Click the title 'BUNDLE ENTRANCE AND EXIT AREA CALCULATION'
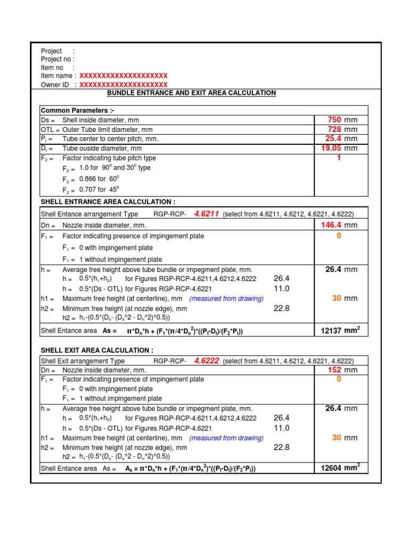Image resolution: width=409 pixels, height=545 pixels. click(x=191, y=93)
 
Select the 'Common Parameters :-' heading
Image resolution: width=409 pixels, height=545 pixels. click(x=78, y=110)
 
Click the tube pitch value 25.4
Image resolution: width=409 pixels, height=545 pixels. click(x=332, y=139)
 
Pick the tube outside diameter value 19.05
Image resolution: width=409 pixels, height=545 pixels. click(x=330, y=148)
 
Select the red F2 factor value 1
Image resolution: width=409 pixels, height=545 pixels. click(x=338, y=158)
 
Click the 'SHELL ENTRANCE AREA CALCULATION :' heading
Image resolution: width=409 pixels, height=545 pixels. click(x=108, y=202)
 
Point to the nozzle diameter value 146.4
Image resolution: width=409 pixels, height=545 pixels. click(x=330, y=226)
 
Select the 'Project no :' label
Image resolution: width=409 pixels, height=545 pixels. click(x=58, y=59)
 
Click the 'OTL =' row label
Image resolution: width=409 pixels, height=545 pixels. click(x=50, y=130)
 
